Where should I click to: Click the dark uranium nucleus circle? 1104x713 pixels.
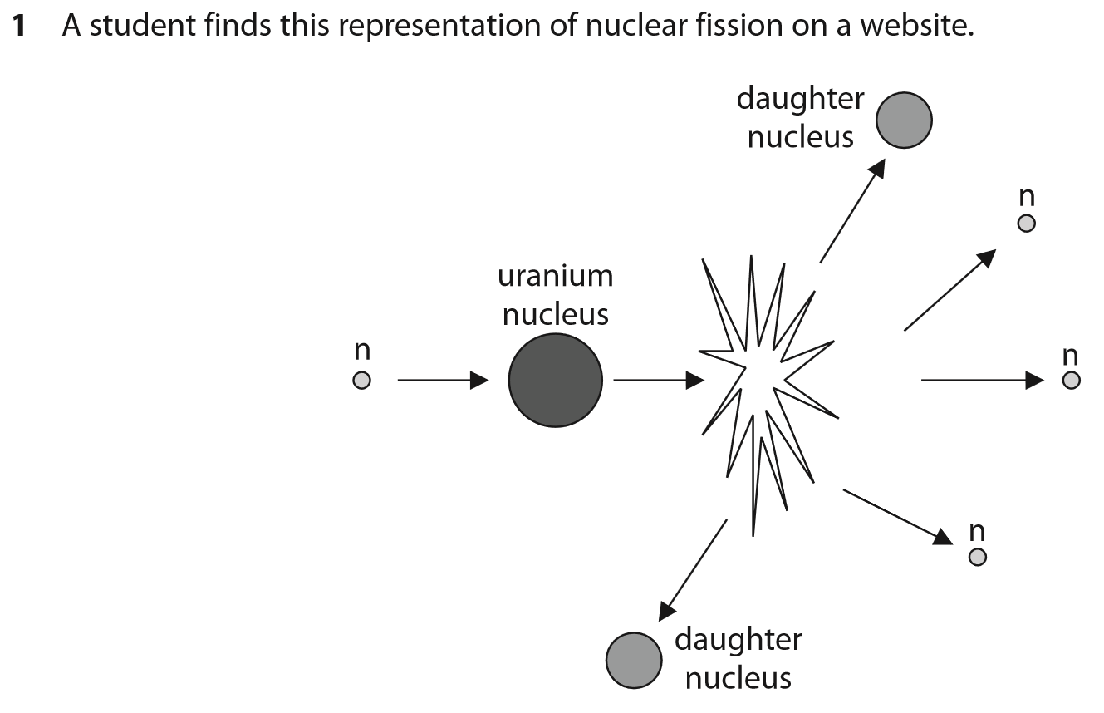coord(555,381)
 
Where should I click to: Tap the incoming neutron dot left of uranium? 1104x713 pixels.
coord(361,381)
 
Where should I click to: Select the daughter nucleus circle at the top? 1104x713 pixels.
coord(904,120)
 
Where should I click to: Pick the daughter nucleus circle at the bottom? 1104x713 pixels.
coord(635,660)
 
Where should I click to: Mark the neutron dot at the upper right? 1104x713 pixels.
coord(1027,224)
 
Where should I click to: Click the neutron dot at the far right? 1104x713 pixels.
coord(1071,381)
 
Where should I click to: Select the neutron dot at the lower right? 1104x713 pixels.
coord(978,556)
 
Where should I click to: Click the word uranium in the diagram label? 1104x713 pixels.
coord(555,276)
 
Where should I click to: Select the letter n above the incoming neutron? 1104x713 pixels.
coord(361,352)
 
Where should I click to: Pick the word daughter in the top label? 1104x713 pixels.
coord(800,100)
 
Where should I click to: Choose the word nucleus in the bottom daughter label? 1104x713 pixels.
coord(738,678)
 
